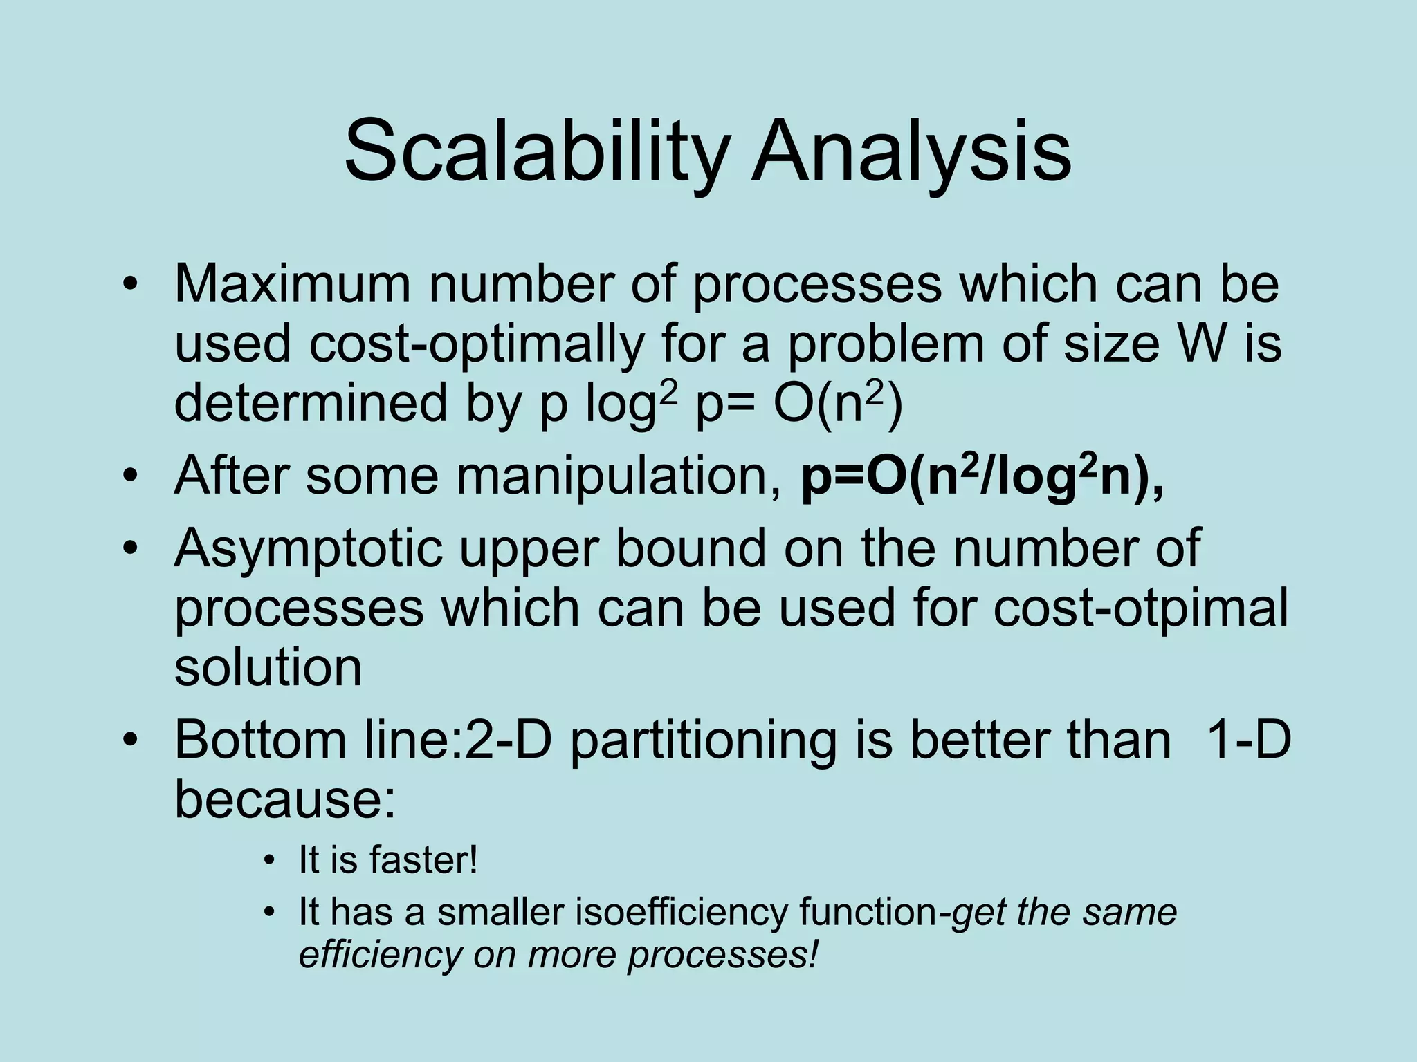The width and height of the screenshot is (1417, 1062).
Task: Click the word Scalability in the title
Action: (537, 151)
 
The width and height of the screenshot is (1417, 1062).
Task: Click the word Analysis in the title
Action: (912, 151)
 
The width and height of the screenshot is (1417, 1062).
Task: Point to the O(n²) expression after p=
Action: (838, 404)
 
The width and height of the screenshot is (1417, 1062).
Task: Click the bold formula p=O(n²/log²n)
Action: (982, 476)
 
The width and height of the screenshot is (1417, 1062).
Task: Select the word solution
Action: (268, 668)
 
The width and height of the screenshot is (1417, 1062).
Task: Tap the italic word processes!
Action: (722, 956)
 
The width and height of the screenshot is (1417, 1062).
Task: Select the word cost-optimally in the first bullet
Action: (476, 344)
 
